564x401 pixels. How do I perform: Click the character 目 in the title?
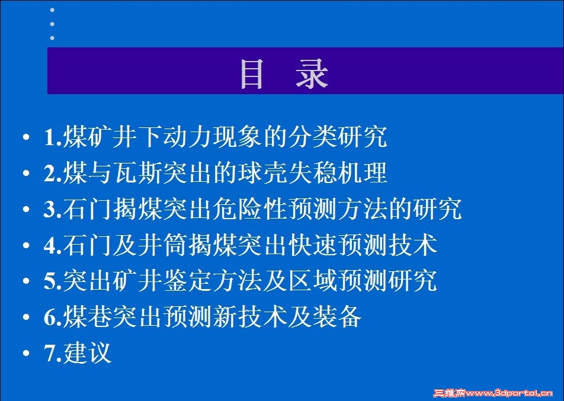[252, 74]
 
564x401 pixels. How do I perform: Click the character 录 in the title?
[312, 74]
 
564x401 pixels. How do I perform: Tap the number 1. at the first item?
[53, 137]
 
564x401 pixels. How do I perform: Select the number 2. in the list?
[53, 173]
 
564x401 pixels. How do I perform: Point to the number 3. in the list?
[53, 209]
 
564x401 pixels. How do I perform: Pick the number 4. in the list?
[53, 245]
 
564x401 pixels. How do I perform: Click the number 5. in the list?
[53, 281]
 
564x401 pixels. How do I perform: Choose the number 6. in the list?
[53, 317]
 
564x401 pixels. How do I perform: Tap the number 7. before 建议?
[53, 353]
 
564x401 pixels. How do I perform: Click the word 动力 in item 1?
[187, 137]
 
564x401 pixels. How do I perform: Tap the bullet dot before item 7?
[26, 353]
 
